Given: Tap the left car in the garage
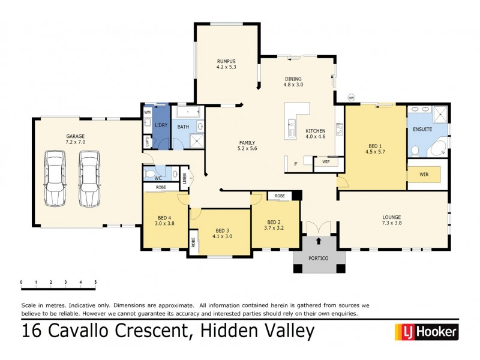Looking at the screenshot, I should (55, 178).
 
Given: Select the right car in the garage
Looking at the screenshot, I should (89, 178).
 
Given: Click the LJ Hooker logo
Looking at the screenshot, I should (425, 331).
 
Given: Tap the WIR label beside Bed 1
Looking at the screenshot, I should (425, 175).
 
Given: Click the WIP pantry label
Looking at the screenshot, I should (326, 161).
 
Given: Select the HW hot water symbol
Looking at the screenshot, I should (352, 98).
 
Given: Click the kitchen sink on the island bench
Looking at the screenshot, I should (292, 127).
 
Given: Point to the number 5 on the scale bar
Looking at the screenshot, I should (95, 281).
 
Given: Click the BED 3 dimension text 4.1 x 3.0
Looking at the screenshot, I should (222, 236).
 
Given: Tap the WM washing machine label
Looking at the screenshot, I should (147, 112).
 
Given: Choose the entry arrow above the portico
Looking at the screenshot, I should (318, 241).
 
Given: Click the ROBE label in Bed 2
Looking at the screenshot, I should (280, 196).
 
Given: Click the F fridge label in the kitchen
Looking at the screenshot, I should (295, 163).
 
